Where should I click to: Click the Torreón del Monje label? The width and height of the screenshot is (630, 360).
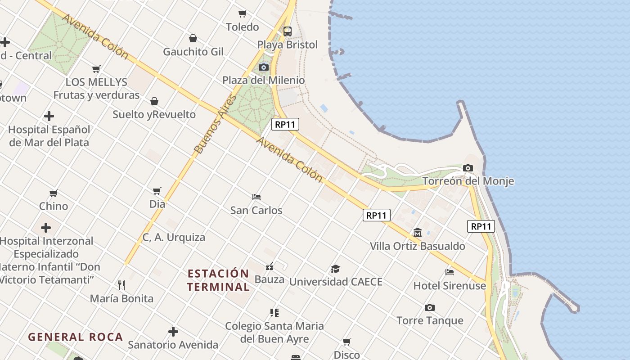[x=468, y=181]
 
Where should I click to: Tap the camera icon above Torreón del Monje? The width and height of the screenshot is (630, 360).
[x=468, y=168]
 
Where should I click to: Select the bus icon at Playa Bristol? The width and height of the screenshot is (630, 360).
[x=287, y=31]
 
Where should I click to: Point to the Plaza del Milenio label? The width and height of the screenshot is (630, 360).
[x=264, y=81]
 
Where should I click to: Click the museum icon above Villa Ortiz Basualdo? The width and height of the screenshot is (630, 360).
[x=418, y=233]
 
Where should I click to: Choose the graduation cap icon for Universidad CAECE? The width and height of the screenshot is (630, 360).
[x=335, y=269]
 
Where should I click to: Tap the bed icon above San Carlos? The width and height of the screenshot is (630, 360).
[x=256, y=197]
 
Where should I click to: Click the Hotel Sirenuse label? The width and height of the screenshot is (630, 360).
[x=450, y=286]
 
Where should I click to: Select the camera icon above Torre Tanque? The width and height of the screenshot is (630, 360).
[x=430, y=308]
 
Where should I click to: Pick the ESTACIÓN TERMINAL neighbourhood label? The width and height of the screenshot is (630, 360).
[x=218, y=280]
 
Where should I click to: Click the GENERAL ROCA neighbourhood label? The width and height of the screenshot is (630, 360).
[x=76, y=337]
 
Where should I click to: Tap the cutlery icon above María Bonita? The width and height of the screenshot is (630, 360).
[x=121, y=285]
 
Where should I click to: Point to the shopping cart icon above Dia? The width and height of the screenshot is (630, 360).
[x=157, y=191]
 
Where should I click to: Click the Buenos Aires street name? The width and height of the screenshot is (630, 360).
[x=215, y=124]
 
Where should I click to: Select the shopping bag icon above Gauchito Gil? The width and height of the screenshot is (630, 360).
[x=193, y=38]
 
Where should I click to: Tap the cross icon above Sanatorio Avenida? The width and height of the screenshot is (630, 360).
[x=173, y=332]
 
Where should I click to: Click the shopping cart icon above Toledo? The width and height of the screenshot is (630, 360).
[x=243, y=13]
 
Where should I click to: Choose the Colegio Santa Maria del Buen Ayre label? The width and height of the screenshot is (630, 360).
[x=274, y=332]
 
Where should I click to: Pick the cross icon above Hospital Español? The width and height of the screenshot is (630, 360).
[x=49, y=116]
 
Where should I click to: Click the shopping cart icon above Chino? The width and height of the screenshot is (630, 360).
[x=54, y=193]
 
